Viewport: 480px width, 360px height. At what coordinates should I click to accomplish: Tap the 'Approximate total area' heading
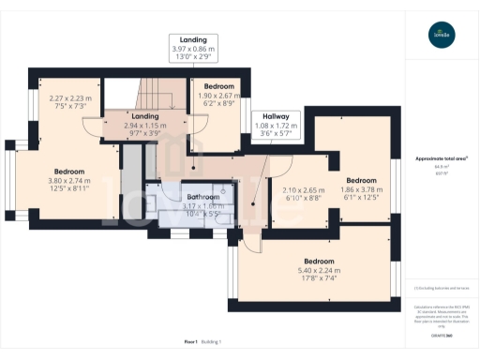coord(441,158)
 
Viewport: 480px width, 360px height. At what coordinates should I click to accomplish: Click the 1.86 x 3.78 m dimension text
coord(361,188)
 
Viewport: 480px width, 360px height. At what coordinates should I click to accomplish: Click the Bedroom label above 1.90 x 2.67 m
coord(217,86)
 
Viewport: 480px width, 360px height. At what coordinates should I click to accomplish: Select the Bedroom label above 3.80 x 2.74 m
coord(68,172)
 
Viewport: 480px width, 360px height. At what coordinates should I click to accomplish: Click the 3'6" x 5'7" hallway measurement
coord(275,133)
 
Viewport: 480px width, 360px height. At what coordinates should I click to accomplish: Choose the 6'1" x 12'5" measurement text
coord(361,197)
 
